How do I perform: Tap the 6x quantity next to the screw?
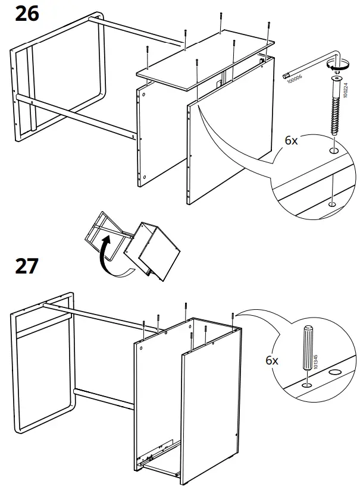pos(292,141)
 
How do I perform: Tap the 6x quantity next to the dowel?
pos(272,360)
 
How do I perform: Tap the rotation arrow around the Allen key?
pos(340,67)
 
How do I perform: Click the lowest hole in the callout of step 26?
pos(331,204)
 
